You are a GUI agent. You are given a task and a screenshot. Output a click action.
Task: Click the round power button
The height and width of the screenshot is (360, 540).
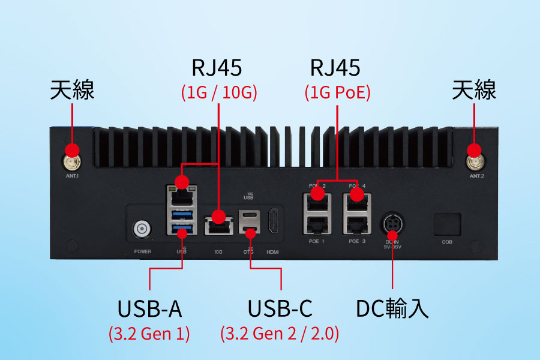coord(142,229)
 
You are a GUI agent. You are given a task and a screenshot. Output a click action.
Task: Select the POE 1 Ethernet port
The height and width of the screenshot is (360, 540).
coord(316,224)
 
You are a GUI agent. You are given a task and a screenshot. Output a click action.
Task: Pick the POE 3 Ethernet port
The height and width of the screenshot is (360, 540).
coord(356,224)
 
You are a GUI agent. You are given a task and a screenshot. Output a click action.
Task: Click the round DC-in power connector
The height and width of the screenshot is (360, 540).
coord(392,224)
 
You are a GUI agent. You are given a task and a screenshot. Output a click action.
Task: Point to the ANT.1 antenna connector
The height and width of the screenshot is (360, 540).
coord(72,161)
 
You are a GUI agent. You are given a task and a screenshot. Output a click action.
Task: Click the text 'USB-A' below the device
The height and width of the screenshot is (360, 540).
coord(149,309)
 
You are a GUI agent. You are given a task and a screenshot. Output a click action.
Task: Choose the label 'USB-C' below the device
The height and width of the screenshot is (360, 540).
coord(280,309)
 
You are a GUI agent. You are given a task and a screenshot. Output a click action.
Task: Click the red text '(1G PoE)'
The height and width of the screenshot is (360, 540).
coord(337,93)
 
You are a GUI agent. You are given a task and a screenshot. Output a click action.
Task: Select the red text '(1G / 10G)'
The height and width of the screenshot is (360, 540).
coord(219,93)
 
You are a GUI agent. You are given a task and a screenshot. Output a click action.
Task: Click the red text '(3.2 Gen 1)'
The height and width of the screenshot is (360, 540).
coord(149,334)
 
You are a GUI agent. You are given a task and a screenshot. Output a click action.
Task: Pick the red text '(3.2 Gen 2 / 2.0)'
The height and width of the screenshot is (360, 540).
coord(280,334)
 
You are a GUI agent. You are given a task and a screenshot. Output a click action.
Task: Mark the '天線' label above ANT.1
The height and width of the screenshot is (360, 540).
coord(72,91)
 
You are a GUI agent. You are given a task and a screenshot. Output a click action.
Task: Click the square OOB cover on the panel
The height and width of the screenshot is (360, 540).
coord(447,223)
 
